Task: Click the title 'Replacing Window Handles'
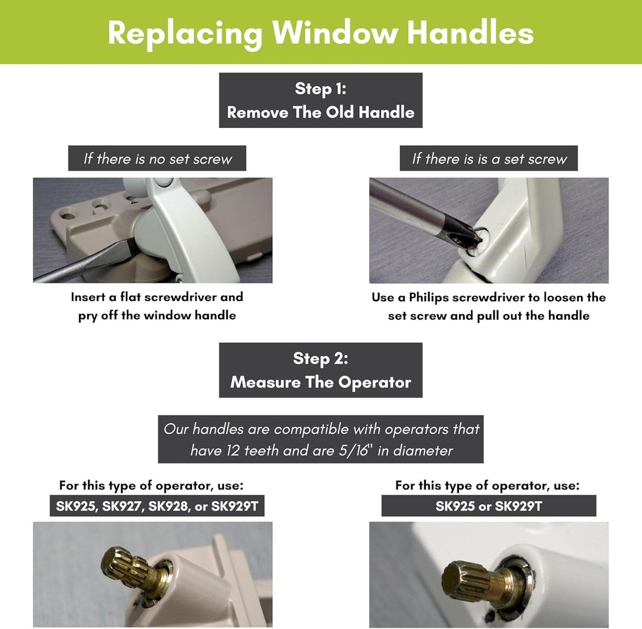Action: click(320, 33)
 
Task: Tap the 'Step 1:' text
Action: click(320, 89)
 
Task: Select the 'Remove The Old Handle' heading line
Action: click(320, 113)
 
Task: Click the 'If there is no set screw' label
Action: click(157, 159)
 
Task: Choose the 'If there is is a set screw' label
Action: click(489, 159)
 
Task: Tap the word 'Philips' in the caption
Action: click(429, 297)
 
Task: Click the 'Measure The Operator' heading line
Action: click(320, 383)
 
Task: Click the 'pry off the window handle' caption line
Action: click(157, 315)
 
